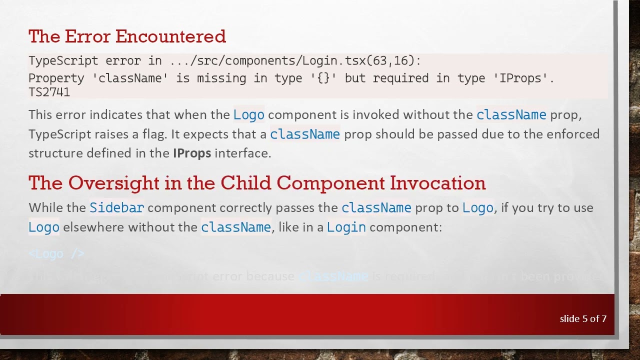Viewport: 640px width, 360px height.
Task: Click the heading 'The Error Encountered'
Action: pos(127,36)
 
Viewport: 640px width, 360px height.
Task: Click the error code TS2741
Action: pos(49,92)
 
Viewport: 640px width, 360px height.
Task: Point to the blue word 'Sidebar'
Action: pos(116,207)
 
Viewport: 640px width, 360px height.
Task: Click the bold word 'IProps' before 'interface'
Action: pos(192,153)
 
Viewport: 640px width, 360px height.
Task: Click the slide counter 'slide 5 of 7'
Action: pos(583,318)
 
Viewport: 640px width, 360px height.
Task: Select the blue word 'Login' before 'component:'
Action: pos(346,227)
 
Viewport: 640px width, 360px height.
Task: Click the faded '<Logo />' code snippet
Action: pos(56,254)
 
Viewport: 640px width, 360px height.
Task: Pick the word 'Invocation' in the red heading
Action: pos(437,183)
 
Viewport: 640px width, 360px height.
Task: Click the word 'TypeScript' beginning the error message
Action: pos(63,61)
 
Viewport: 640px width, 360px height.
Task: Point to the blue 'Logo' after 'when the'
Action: pos(248,115)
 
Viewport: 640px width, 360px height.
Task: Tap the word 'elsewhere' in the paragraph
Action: pos(93,227)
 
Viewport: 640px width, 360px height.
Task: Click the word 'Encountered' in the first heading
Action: pos(170,36)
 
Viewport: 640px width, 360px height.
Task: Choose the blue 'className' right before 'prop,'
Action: pos(511,115)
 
